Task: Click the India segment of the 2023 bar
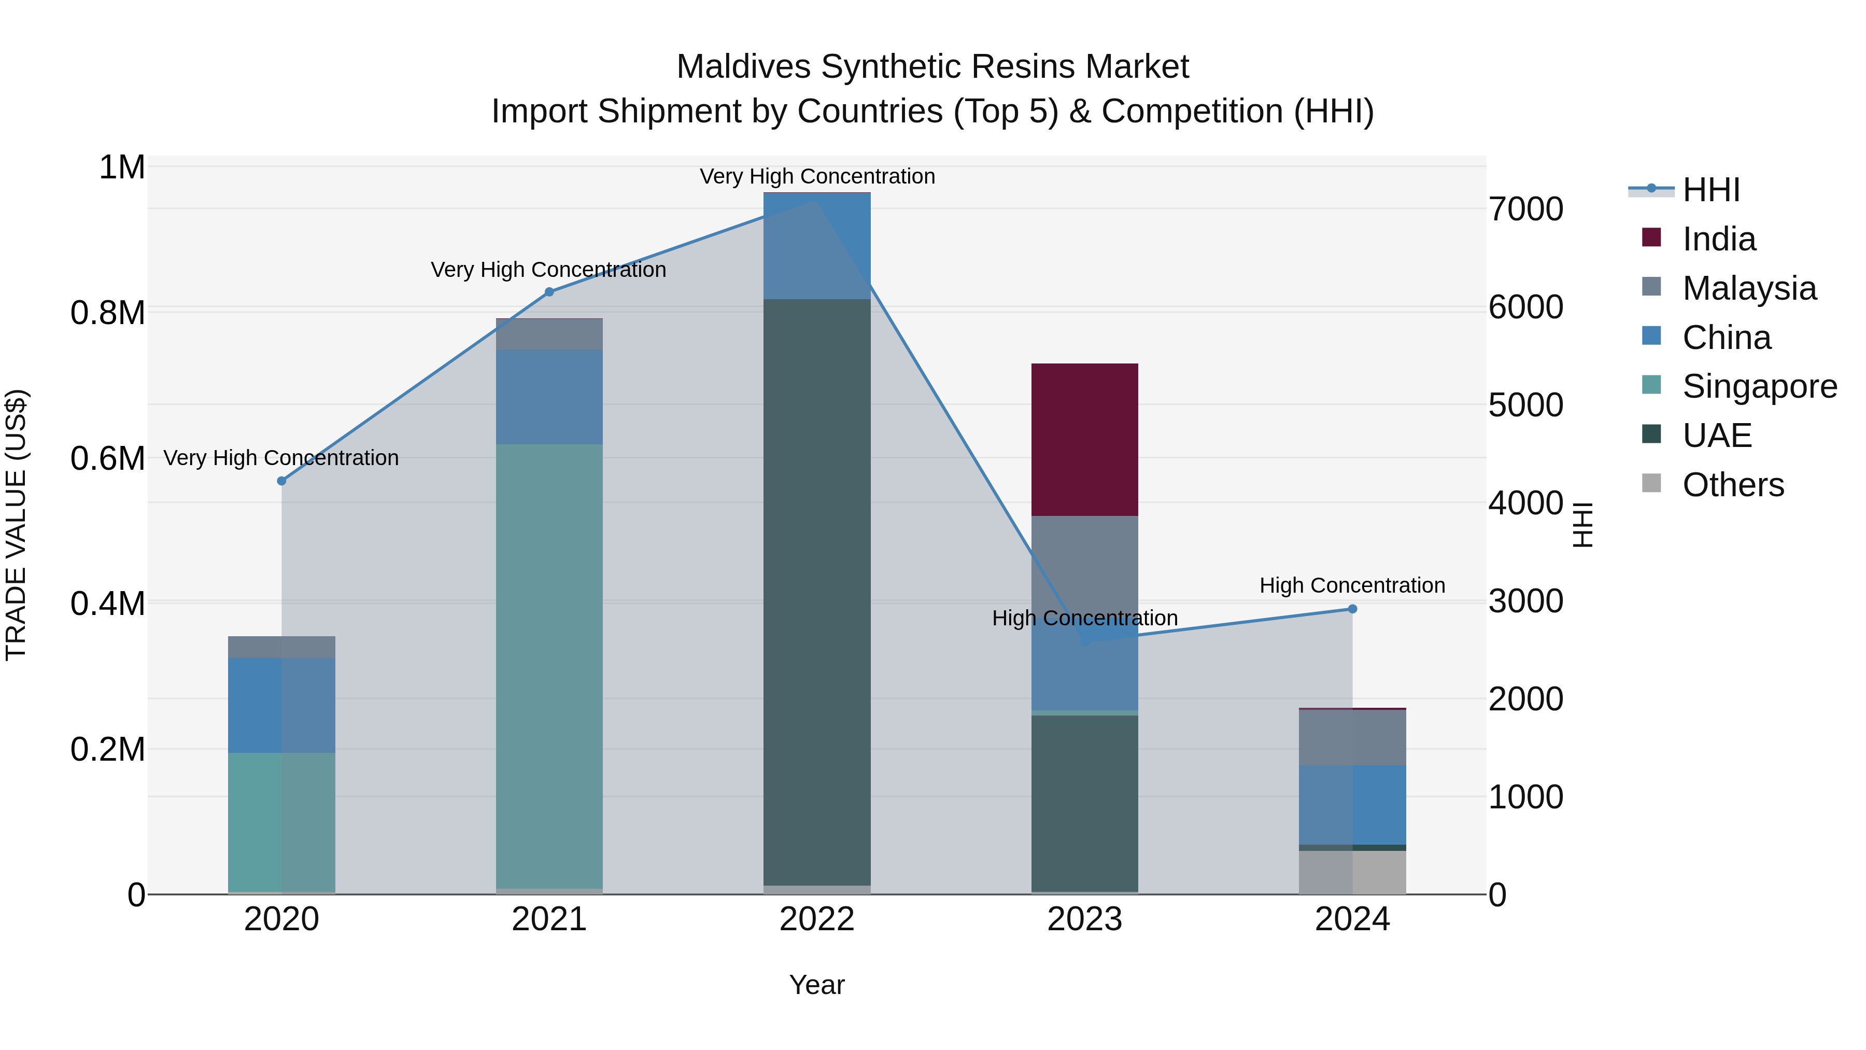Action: pyautogui.click(x=1084, y=439)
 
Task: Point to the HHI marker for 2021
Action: pyautogui.click(x=549, y=292)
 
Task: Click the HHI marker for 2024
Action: pyautogui.click(x=1352, y=609)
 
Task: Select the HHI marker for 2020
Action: pyautogui.click(x=282, y=481)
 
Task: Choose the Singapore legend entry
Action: pyautogui.click(x=1758, y=386)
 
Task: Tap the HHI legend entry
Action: pyautogui.click(x=1710, y=190)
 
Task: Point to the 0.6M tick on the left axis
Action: pyautogui.click(x=107, y=459)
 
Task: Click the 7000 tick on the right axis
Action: pyautogui.click(x=1525, y=209)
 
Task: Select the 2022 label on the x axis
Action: pyautogui.click(x=816, y=919)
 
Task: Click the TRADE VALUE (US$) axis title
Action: pyautogui.click(x=16, y=525)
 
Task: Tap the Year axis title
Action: pyautogui.click(x=816, y=985)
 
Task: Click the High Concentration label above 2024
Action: pyautogui.click(x=1352, y=585)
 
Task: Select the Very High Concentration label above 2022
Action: pyautogui.click(x=816, y=177)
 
